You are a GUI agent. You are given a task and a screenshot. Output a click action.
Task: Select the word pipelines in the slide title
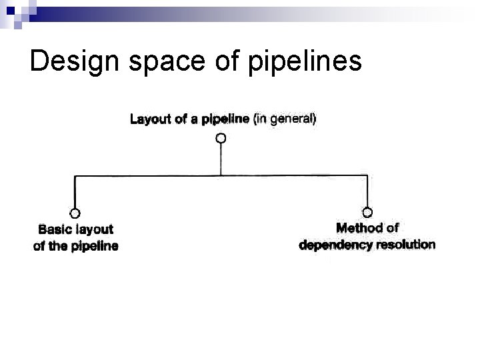305,61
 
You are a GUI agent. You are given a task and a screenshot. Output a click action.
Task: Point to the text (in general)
285,120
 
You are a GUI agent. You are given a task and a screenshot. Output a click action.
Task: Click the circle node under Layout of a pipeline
221,138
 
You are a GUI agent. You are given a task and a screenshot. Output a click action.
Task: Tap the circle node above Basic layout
75,213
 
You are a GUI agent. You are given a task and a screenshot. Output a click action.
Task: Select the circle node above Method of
367,213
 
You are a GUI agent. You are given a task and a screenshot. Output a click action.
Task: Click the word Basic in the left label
54,229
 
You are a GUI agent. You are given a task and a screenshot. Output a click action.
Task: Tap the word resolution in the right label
405,245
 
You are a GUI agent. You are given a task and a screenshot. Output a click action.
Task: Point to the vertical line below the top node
221,159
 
